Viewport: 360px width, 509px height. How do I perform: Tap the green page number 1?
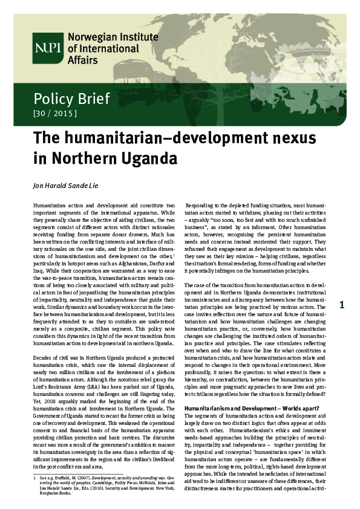tap(342, 305)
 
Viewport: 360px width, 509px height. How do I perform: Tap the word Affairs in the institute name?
tap(84, 60)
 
